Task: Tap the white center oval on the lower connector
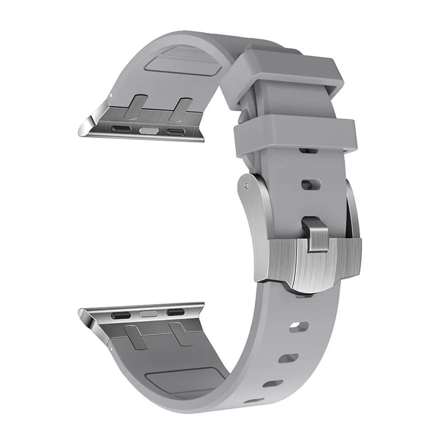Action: click(x=146, y=314)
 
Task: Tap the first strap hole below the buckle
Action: click(x=295, y=327)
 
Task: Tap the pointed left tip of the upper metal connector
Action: click(x=81, y=132)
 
